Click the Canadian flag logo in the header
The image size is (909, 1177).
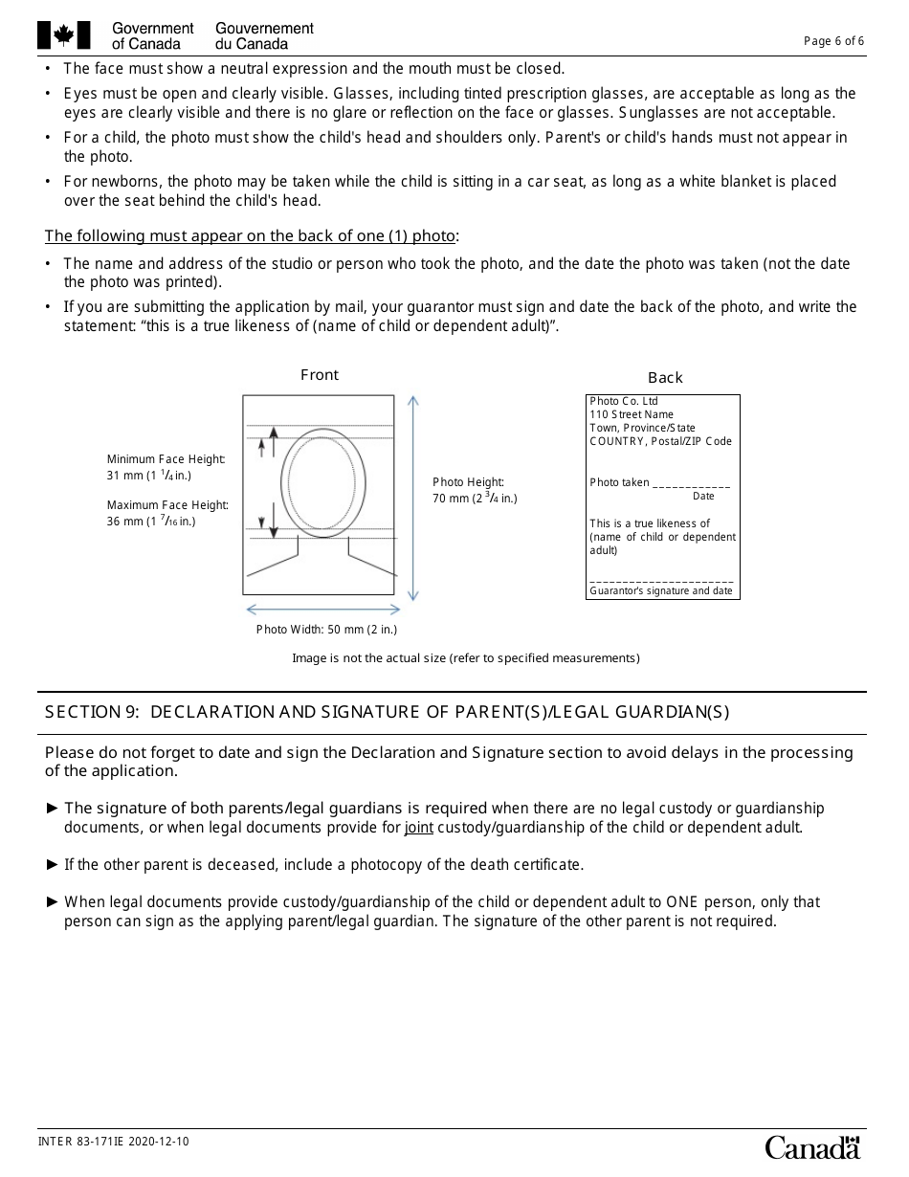[64, 35]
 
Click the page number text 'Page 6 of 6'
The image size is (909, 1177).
[833, 41]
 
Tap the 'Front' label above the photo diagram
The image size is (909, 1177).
[320, 375]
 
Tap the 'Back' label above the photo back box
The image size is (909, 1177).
[665, 378]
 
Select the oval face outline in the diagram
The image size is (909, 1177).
[323, 482]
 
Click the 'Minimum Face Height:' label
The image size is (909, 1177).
[166, 459]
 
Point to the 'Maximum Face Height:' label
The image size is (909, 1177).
[167, 505]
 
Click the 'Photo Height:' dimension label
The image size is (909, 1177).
[468, 482]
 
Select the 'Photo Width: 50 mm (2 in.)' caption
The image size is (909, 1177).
[326, 629]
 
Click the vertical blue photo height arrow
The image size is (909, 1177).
[413, 498]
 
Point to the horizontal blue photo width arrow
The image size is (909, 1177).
[322, 610]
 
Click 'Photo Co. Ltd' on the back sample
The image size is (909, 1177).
[624, 402]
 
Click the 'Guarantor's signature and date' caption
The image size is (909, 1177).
[661, 591]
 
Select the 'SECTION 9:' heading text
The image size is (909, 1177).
[94, 712]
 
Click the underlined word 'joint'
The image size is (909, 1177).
[418, 828]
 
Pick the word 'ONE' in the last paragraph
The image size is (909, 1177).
[681, 902]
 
